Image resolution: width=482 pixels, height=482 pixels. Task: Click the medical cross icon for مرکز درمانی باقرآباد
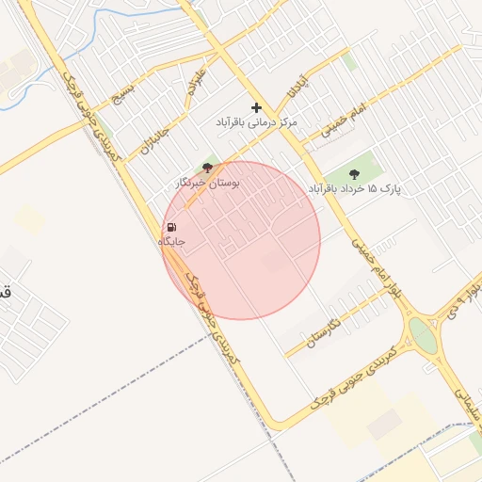click(x=256, y=108)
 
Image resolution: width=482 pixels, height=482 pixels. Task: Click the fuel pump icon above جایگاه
click(x=171, y=227)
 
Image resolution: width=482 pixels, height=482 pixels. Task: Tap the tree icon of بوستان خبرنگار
click(x=207, y=168)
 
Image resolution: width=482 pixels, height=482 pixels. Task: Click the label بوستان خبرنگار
click(x=207, y=182)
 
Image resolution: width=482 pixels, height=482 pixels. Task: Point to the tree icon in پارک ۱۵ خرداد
click(x=354, y=173)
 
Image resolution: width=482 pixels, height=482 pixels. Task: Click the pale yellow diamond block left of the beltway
click(x=30, y=220)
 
